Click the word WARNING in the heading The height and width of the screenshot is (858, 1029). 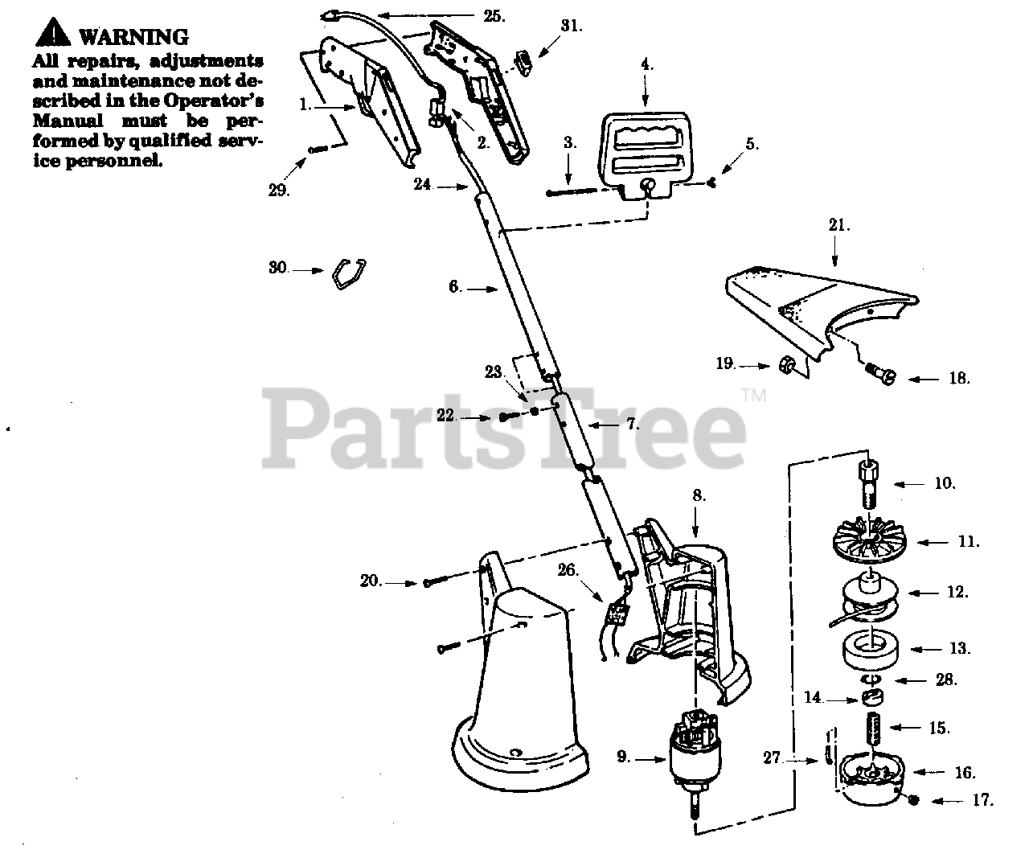(134, 37)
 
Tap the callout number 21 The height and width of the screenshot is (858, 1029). (838, 226)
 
